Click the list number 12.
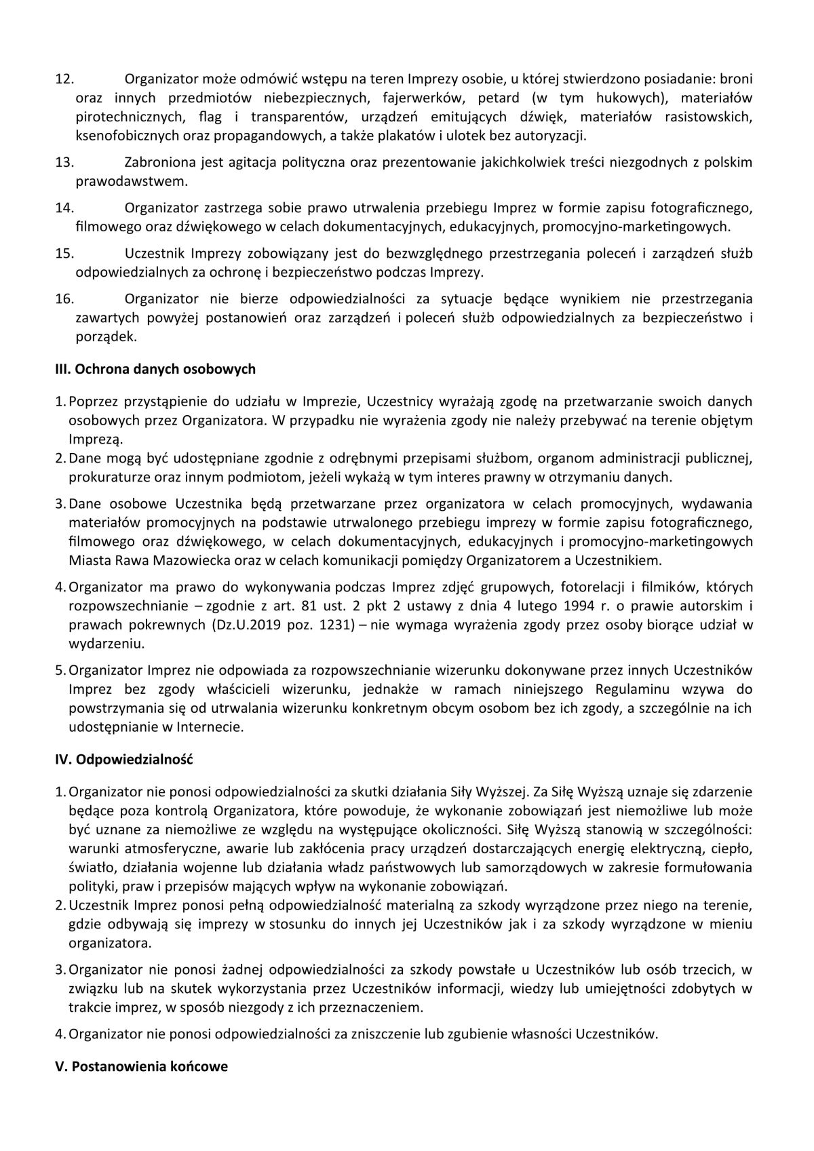coord(64,79)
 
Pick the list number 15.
coord(64,254)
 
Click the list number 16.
coord(64,298)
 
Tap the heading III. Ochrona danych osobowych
coord(155,370)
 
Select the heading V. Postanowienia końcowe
coord(141,1066)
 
